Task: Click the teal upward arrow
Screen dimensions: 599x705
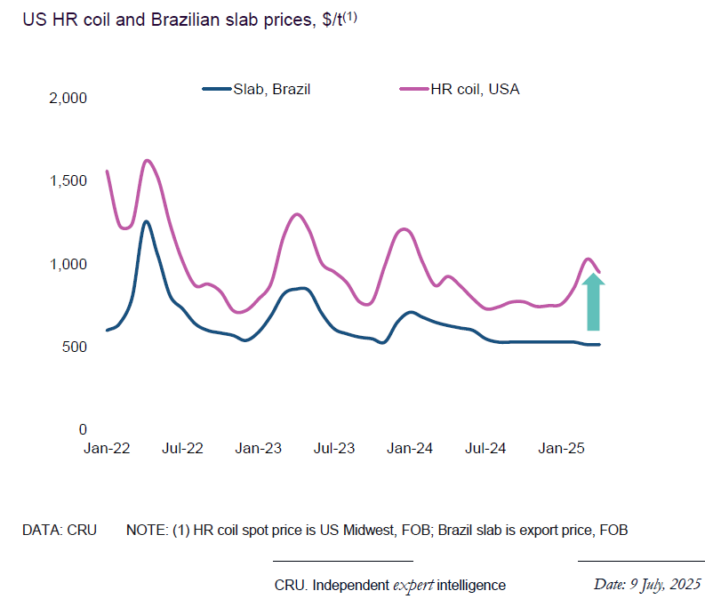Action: click(x=594, y=303)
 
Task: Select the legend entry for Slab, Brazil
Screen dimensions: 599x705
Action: click(x=257, y=89)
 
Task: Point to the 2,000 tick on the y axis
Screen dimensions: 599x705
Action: click(x=67, y=98)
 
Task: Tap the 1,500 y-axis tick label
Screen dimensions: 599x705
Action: click(x=67, y=180)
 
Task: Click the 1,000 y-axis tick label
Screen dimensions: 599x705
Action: click(x=67, y=264)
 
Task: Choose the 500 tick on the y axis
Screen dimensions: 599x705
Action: click(x=73, y=347)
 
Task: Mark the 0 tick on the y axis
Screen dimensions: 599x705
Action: click(x=81, y=429)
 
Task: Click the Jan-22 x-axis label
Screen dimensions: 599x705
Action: click(x=108, y=449)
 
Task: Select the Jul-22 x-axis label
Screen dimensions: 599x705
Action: click(x=183, y=449)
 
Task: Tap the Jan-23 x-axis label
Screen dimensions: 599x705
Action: click(x=259, y=449)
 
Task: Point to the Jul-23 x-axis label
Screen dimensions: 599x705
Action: click(x=334, y=449)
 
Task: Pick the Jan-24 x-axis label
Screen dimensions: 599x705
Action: click(x=410, y=449)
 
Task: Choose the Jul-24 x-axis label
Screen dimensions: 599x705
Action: click(x=485, y=449)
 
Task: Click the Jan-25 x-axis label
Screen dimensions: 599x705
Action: click(x=561, y=449)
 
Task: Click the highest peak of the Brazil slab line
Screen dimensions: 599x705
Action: click(x=146, y=221)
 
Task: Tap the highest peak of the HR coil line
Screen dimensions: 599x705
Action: click(x=147, y=161)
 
